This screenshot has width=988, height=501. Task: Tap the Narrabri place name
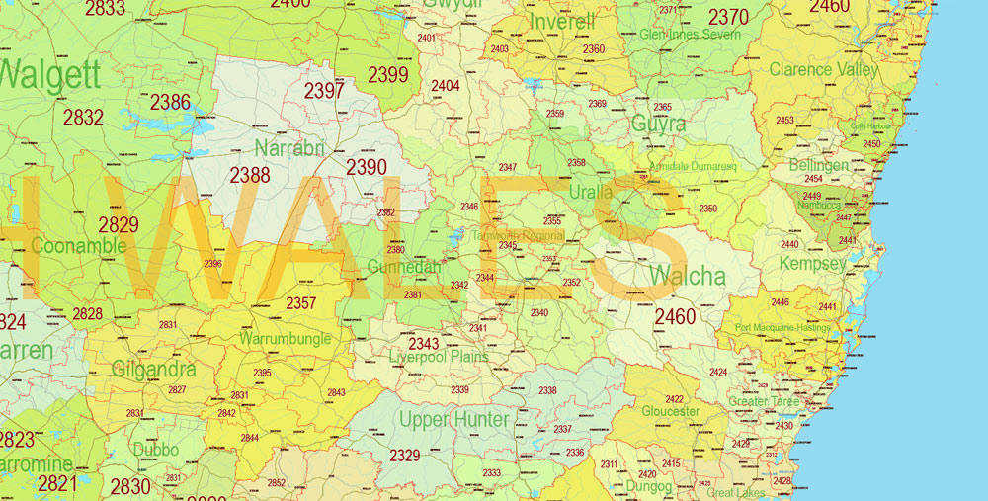click(x=288, y=148)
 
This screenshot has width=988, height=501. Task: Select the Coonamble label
click(x=78, y=245)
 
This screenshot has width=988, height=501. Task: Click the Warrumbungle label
click(x=285, y=338)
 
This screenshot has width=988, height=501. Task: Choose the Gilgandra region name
click(x=154, y=370)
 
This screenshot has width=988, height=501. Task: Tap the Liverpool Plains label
click(x=438, y=357)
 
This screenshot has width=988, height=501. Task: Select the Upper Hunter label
click(x=454, y=420)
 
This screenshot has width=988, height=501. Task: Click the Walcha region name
click(x=688, y=275)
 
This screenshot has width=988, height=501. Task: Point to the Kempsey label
click(x=812, y=264)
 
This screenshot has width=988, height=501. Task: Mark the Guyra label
click(x=659, y=125)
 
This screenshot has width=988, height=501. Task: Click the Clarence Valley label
click(x=823, y=69)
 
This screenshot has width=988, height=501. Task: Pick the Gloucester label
click(x=670, y=411)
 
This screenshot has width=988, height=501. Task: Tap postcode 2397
click(x=324, y=91)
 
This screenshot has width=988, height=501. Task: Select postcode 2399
click(x=388, y=74)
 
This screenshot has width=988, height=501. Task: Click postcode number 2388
click(x=250, y=175)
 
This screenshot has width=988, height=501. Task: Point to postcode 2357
click(x=300, y=303)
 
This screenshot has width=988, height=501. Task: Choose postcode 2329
click(x=404, y=455)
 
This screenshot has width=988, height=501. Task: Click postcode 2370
click(x=728, y=17)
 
